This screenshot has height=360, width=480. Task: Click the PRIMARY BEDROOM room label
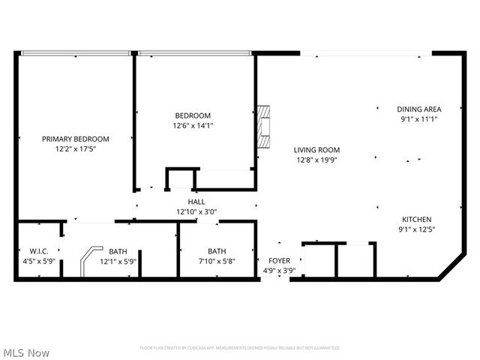(75, 139)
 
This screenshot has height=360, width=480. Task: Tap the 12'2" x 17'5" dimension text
(75, 149)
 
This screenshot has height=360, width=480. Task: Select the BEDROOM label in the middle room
(193, 115)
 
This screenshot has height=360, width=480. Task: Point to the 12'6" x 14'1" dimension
(193, 126)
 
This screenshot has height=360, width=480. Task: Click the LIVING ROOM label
(316, 149)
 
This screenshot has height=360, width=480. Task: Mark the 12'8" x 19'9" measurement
(316, 160)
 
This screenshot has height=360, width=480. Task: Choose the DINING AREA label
(419, 109)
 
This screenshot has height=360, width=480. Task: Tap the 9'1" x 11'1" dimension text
(419, 118)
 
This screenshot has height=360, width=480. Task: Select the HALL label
(196, 202)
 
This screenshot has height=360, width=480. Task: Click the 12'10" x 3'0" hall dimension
(196, 212)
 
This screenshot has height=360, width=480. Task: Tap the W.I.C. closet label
(39, 251)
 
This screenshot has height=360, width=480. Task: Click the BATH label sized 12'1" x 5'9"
(118, 251)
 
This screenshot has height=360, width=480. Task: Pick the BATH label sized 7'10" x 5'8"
(217, 251)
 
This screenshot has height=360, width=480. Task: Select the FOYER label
(279, 261)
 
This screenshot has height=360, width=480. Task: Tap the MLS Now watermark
(26, 352)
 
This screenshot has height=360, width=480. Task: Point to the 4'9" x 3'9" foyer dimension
(279, 271)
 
